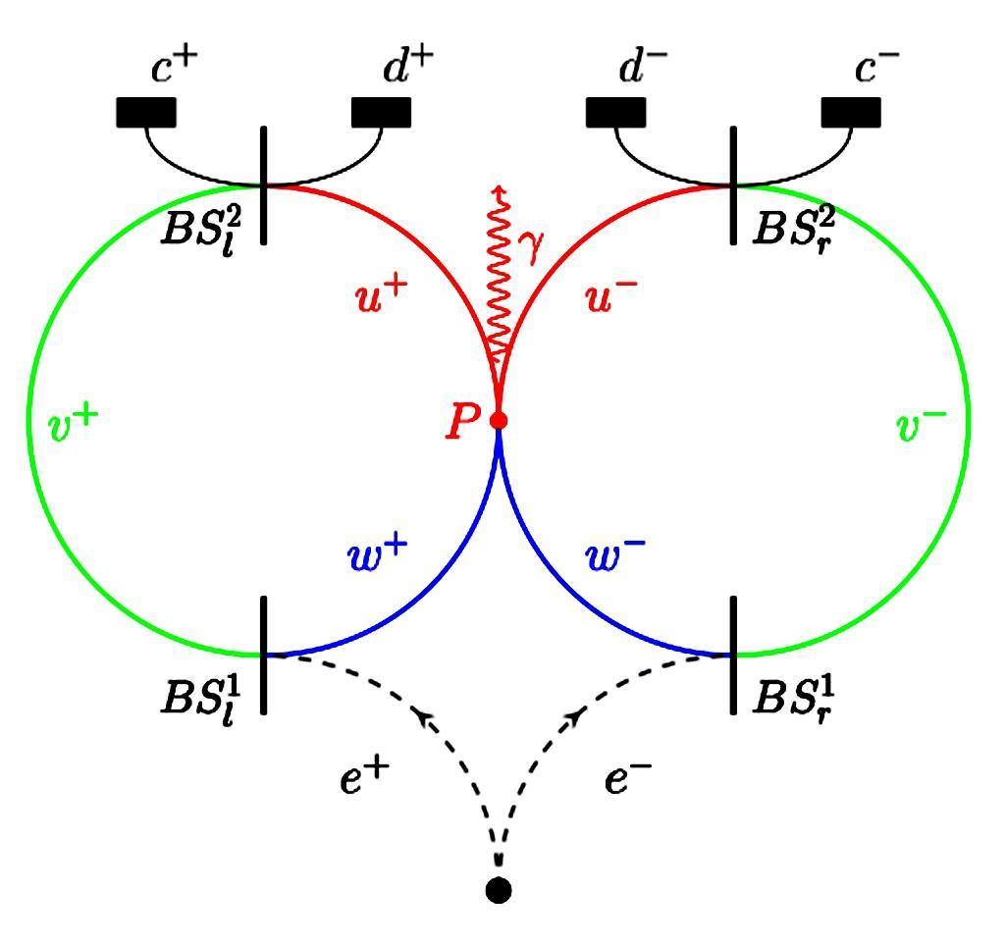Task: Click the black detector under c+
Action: coord(146,112)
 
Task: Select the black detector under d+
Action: coord(381,112)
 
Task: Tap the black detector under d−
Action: coord(615,112)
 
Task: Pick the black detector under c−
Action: coord(851,112)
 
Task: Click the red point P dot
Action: coord(499,421)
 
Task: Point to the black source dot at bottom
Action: coord(499,890)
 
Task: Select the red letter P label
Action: coord(461,423)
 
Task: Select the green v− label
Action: coord(922,424)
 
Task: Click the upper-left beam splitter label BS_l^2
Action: coord(201,226)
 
